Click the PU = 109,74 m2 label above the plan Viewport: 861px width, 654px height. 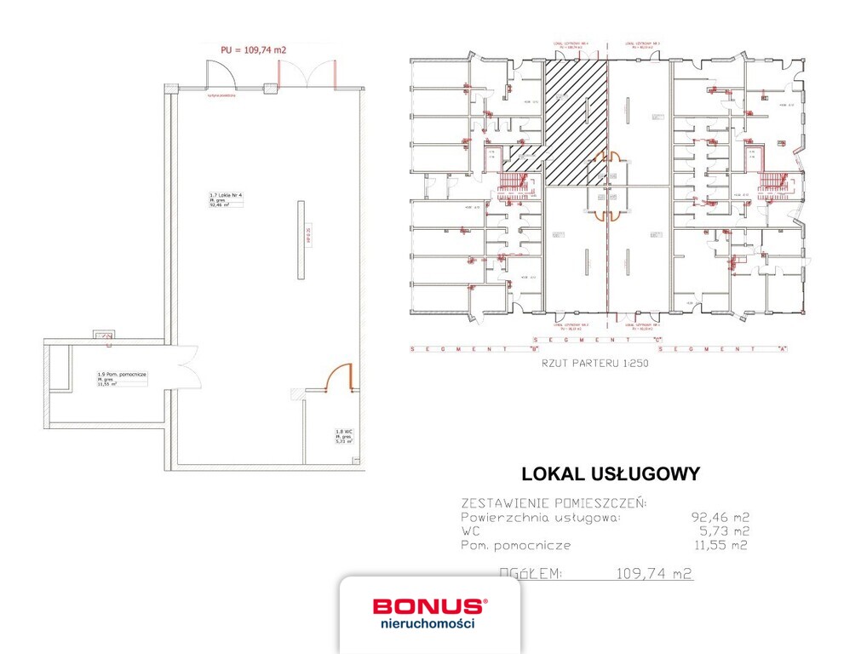coord(253,50)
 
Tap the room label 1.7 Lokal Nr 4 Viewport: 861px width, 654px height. coord(227,196)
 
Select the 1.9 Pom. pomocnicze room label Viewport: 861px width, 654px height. coord(122,374)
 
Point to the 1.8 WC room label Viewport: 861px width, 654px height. coord(343,433)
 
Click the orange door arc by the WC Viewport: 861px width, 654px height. coord(342,374)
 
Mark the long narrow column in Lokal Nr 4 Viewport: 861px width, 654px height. coord(300,238)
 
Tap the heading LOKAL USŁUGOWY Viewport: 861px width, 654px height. coord(611,474)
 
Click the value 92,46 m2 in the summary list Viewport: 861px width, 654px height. coord(720,517)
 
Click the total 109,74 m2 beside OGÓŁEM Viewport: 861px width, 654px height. coord(653,574)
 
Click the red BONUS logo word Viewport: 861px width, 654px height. coord(428,606)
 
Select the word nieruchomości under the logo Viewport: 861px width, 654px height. coord(428,623)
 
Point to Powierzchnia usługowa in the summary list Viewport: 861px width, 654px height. coord(541,517)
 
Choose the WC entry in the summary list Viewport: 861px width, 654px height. coord(469,531)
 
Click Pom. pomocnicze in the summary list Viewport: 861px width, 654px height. coord(516,545)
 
